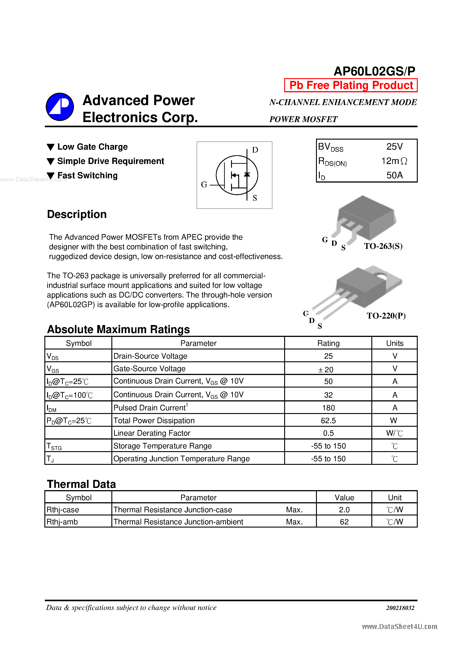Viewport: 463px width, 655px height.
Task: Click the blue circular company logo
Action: [60, 107]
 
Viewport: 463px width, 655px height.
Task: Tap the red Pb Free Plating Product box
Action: [351, 85]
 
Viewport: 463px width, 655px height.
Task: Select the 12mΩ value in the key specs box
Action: [394, 161]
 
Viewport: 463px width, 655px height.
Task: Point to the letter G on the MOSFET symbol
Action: [204, 185]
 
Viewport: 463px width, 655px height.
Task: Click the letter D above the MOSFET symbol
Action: [255, 150]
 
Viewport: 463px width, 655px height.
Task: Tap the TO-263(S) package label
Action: [383, 246]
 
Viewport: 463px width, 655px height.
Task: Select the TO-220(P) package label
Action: [386, 316]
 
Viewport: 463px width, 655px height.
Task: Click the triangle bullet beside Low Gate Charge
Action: [50, 147]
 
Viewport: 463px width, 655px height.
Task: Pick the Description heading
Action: [77, 214]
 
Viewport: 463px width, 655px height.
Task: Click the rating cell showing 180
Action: [328, 408]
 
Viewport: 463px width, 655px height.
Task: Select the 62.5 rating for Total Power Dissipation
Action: [328, 420]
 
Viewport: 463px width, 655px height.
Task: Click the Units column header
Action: [394, 343]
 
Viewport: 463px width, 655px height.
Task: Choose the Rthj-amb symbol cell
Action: [62, 522]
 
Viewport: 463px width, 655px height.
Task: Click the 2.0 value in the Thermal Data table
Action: [344, 510]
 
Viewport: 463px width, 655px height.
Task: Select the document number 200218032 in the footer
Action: [400, 608]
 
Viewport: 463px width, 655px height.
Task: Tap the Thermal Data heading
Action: [81, 484]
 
